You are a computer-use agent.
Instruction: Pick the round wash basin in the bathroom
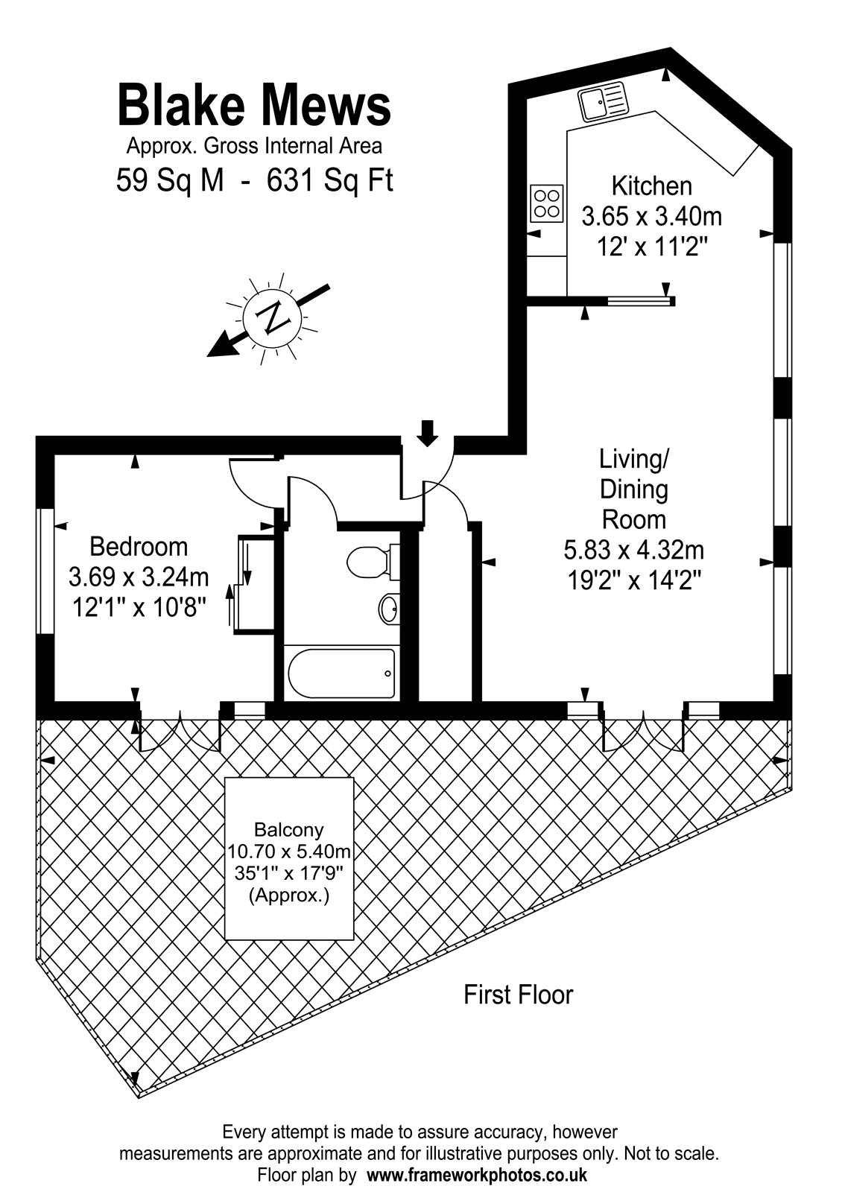(390, 608)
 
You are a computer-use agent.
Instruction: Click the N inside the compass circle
(272, 318)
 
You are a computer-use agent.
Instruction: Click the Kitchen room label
(651, 186)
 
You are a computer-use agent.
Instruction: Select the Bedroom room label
(139, 547)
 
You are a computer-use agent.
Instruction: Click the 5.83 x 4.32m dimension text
(633, 551)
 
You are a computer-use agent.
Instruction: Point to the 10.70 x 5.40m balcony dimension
(289, 852)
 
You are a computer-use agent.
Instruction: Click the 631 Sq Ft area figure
(330, 180)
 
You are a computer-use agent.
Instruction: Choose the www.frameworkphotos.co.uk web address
(477, 1174)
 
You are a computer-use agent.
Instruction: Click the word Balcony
(289, 830)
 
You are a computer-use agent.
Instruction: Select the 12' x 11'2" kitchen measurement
(652, 247)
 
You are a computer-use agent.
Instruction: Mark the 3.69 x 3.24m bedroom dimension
(139, 577)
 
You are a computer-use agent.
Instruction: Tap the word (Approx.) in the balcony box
(289, 895)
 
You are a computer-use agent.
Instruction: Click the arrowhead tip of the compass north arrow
(207, 355)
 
